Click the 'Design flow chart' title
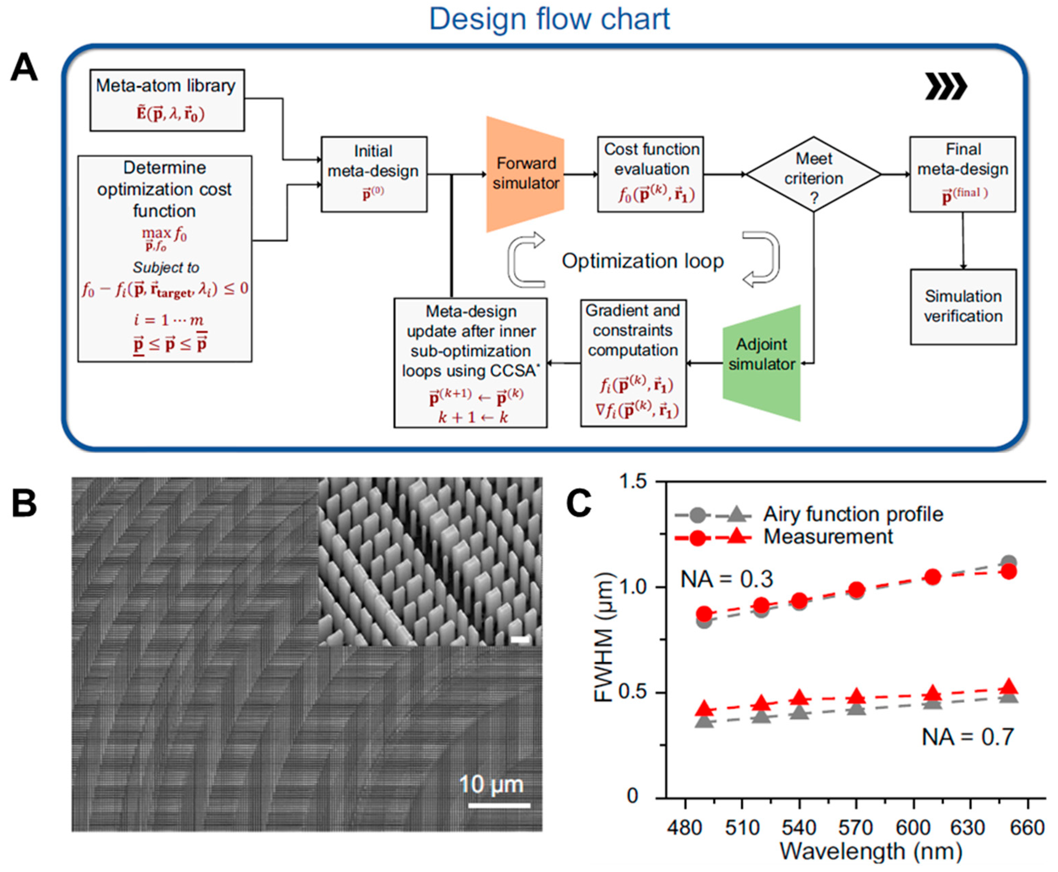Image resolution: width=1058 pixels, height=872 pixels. pyautogui.click(x=549, y=19)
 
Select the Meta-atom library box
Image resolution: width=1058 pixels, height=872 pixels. pyautogui.click(x=167, y=100)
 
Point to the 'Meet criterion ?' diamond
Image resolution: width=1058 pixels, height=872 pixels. pyautogui.click(x=813, y=174)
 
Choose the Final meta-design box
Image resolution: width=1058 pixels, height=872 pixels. pyautogui.click(x=962, y=174)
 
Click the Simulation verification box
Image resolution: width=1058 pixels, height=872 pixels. pyautogui.click(x=963, y=306)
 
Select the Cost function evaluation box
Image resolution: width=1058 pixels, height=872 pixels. pyautogui.click(x=650, y=174)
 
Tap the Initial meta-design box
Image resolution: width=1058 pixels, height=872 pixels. pyautogui.click(x=374, y=174)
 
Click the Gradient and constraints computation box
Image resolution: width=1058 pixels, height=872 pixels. pyautogui.click(x=633, y=363)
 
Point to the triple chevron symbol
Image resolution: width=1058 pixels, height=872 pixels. pyautogui.click(x=945, y=86)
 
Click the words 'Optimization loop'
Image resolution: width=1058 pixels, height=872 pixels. pyautogui.click(x=643, y=261)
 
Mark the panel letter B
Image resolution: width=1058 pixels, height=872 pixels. pyautogui.click(x=24, y=503)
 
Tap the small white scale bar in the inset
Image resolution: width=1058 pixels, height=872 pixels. pyautogui.click(x=520, y=639)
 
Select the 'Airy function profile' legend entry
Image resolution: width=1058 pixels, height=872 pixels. pyautogui.click(x=853, y=514)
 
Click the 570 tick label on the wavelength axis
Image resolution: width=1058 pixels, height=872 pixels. pyautogui.click(x=856, y=827)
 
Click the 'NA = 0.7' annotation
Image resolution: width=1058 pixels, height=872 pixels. pyautogui.click(x=968, y=737)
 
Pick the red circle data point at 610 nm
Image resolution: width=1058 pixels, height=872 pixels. pyautogui.click(x=933, y=577)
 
